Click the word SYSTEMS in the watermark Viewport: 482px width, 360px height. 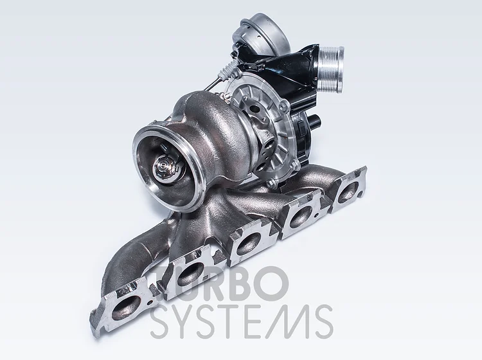(242, 321)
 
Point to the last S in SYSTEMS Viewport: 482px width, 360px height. (321, 322)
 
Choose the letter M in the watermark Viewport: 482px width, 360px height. (287, 322)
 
